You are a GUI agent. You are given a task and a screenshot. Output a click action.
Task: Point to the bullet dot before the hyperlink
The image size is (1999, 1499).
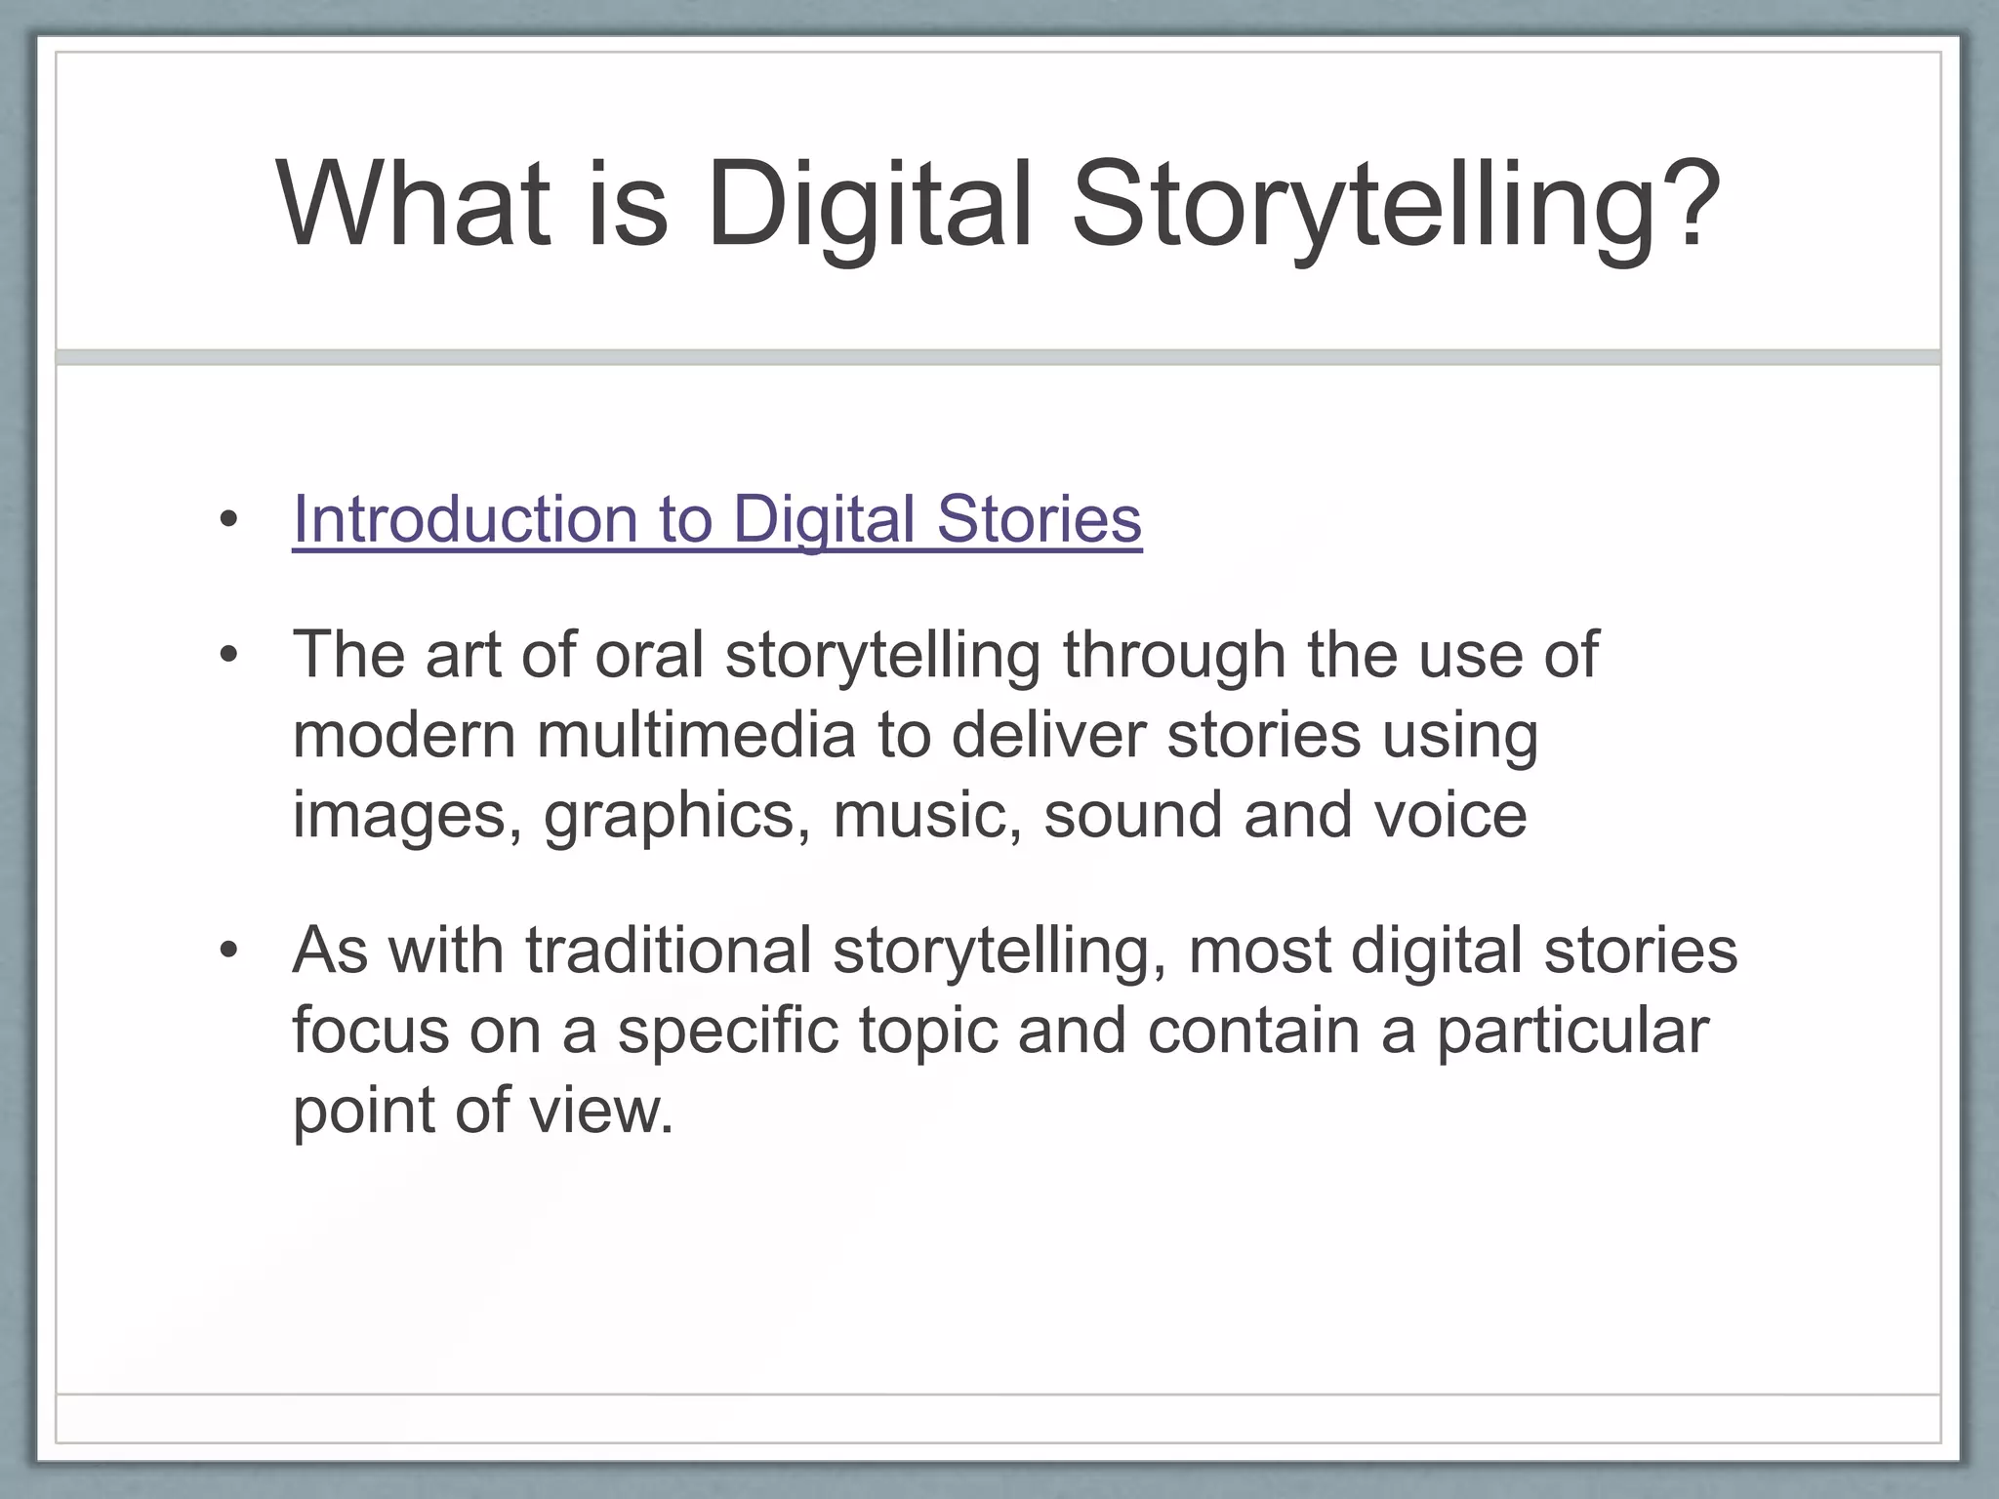(228, 520)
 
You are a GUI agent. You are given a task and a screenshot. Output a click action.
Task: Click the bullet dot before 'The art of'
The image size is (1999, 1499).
(228, 656)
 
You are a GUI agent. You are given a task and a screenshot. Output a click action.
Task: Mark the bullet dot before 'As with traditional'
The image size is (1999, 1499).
(228, 952)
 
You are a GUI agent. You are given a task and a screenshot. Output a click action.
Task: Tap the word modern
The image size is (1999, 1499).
(403, 735)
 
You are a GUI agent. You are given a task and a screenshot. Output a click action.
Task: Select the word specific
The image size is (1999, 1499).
(727, 1031)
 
